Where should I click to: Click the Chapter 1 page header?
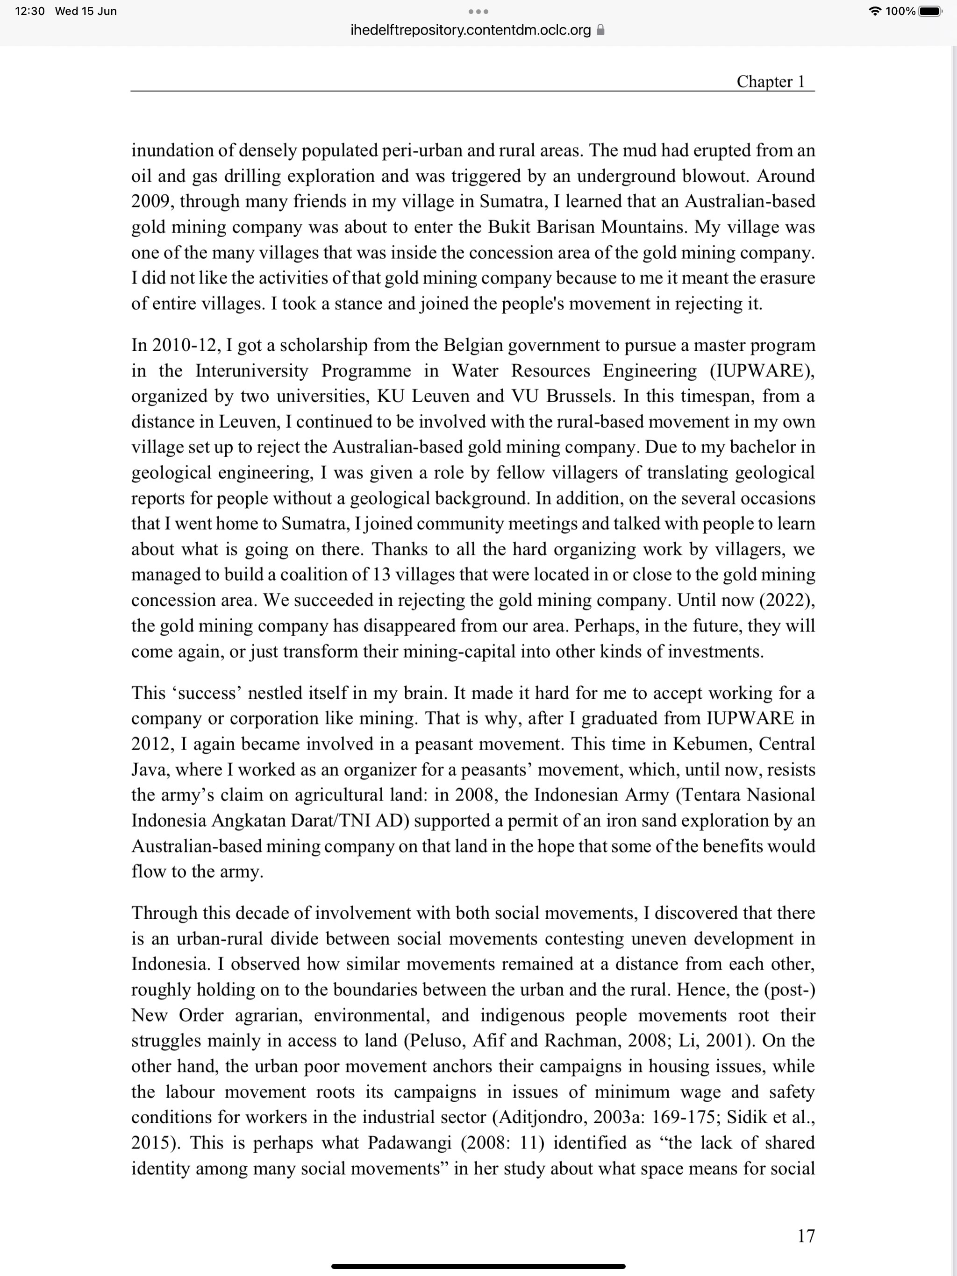click(x=770, y=82)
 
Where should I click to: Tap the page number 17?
click(x=806, y=1236)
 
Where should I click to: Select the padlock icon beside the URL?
click(x=600, y=30)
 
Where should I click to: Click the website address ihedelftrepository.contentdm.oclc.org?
click(x=471, y=30)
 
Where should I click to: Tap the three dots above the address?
click(x=478, y=12)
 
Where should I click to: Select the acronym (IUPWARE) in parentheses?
click(x=762, y=370)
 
